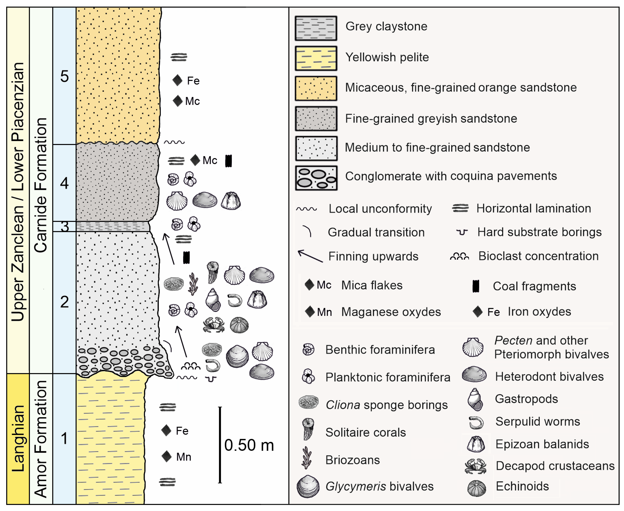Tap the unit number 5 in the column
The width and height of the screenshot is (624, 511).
point(64,76)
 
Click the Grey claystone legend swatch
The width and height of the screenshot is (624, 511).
point(316,28)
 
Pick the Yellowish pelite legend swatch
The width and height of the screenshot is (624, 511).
point(316,58)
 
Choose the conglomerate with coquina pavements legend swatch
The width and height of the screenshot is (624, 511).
point(316,178)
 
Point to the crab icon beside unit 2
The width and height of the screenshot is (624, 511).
point(214,325)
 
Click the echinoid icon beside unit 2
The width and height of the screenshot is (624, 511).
point(239,325)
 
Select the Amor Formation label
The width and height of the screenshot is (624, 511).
point(41,439)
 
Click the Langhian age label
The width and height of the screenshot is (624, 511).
point(18,439)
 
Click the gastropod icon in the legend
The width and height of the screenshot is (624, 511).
point(475,399)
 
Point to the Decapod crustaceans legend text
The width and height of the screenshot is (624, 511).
point(555,466)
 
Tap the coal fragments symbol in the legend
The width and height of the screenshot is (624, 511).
point(476,286)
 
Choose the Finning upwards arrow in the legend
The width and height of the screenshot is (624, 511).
point(310,256)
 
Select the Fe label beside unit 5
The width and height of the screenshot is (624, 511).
point(193,81)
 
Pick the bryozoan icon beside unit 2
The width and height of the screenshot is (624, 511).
point(193,284)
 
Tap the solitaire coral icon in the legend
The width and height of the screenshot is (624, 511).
point(308,429)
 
